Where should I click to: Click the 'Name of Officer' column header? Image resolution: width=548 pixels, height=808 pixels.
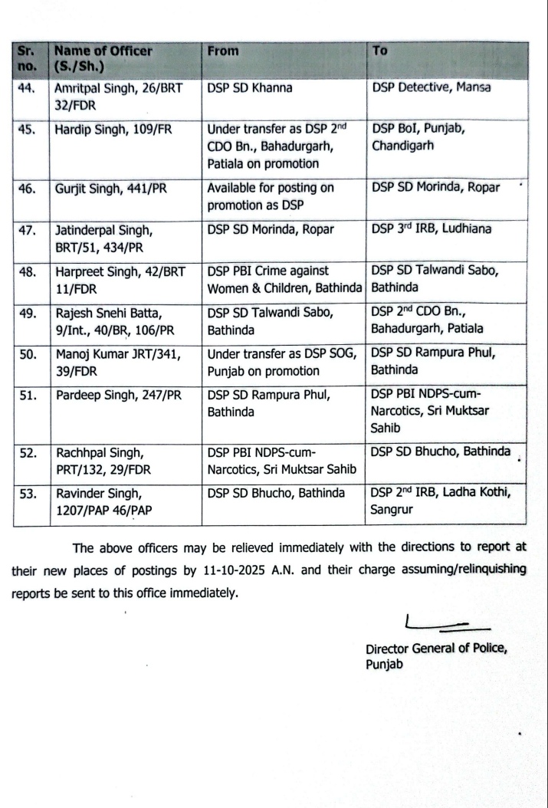coord(103,52)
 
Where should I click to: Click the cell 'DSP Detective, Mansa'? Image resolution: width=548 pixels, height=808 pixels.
coord(431,88)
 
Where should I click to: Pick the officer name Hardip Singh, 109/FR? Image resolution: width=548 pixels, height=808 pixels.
coord(111,129)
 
